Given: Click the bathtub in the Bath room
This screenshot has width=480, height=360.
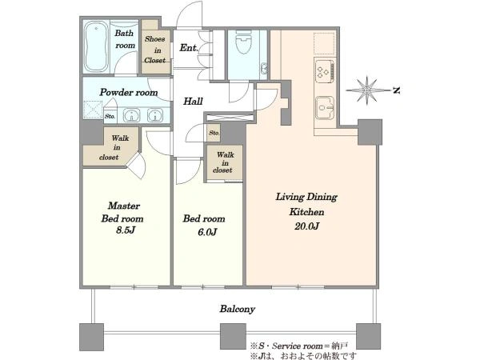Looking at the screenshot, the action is click(96, 46).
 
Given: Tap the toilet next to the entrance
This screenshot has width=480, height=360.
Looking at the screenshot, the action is click(244, 42).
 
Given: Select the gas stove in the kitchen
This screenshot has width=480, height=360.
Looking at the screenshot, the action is click(325, 71).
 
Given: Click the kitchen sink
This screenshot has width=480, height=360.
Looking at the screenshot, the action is click(325, 107).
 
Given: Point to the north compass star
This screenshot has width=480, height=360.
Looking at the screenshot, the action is click(366, 90).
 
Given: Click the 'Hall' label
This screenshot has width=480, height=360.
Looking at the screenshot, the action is click(193, 101).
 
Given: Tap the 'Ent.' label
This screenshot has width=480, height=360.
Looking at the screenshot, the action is click(189, 48).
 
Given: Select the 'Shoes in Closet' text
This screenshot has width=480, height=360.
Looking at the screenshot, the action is click(155, 50).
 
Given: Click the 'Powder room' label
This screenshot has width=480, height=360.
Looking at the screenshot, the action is click(129, 92).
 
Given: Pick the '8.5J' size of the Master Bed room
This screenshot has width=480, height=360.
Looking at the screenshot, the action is click(126, 230).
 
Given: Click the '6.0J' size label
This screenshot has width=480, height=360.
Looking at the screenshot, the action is click(207, 232).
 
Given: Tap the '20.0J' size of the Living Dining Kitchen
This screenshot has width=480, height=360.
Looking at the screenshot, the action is click(306, 226).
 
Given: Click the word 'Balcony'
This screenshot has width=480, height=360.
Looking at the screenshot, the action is click(238, 309).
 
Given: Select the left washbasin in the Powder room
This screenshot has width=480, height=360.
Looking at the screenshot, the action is click(132, 115).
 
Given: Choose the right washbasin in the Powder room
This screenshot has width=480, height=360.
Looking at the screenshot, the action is click(155, 115).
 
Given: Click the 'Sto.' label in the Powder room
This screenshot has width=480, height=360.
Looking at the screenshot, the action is click(110, 116).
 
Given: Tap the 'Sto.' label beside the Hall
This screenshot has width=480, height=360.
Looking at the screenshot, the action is click(214, 133).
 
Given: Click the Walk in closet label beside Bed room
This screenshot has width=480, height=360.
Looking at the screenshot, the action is click(225, 162).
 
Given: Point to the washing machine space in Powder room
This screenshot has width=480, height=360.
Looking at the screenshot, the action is click(93, 110).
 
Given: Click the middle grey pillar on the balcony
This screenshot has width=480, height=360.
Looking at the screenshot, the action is click(234, 337).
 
